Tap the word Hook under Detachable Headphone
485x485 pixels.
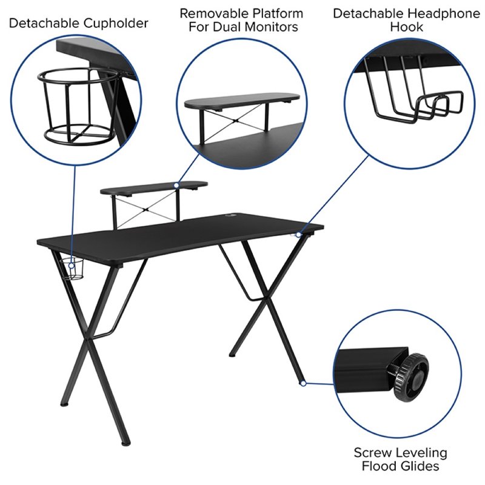tap(407, 27)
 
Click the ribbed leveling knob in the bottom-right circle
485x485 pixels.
tap(411, 378)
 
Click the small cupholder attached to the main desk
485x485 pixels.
tap(75, 269)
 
